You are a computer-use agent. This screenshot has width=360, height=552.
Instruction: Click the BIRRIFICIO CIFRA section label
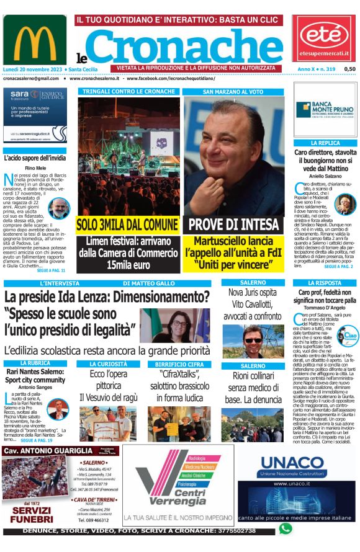pos(174,363)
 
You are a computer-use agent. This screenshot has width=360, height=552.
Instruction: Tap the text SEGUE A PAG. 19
pos(37,439)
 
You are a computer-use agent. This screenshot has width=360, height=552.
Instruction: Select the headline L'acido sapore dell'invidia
pos(35,158)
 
